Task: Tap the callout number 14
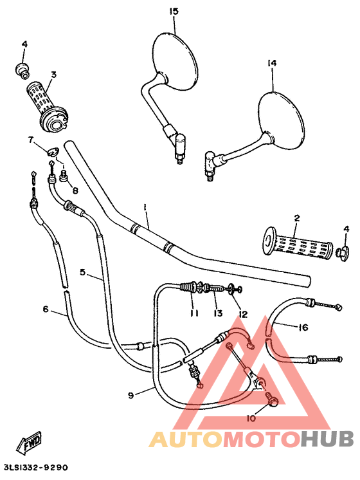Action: [271, 63]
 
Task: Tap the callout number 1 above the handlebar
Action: [145, 207]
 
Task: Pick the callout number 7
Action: [30, 139]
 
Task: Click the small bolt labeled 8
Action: [64, 176]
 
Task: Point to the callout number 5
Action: [83, 272]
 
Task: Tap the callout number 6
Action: [46, 309]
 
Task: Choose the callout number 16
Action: [303, 328]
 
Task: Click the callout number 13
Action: [218, 313]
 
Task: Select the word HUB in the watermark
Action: [327, 439]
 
